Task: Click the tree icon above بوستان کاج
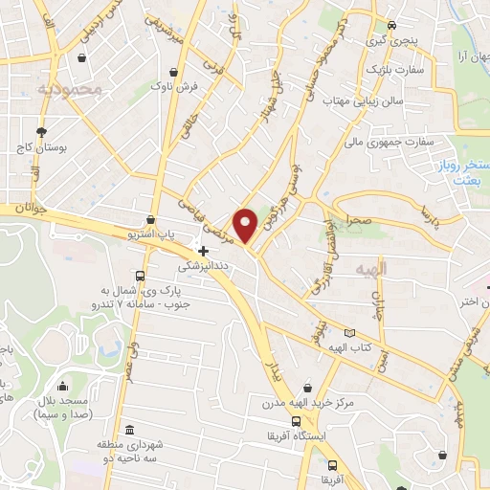click(x=40, y=132)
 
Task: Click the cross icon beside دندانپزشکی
click(x=203, y=250)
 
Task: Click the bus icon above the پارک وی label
click(x=140, y=276)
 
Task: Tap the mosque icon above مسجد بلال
click(x=63, y=386)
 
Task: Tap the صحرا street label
click(x=359, y=219)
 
